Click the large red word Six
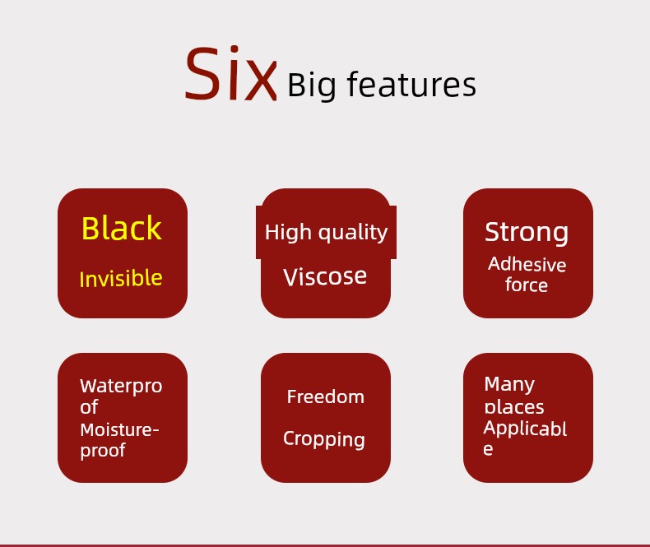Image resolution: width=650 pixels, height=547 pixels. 230,73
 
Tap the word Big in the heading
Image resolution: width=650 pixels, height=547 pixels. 311,86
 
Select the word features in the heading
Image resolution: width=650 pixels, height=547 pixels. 411,84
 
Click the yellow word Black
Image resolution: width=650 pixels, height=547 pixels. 122,228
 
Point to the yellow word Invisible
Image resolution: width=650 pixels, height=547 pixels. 121,278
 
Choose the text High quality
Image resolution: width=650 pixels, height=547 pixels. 327,232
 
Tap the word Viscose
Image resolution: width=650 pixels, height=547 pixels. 325,276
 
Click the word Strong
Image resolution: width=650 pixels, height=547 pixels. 527,232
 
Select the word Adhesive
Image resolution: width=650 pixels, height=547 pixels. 527,264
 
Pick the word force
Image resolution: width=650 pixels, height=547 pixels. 527,285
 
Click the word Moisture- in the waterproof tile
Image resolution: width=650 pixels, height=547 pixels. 119,429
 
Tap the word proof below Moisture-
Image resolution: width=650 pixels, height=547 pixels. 103,451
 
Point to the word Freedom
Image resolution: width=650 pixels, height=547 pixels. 326,396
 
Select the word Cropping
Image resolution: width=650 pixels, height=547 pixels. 324,439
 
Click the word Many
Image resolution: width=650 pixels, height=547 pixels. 509,385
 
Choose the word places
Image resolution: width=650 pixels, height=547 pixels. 514,407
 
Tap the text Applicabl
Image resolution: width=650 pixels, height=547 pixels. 525,429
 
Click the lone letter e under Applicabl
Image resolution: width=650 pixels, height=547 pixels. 488,449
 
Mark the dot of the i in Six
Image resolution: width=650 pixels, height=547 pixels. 234,49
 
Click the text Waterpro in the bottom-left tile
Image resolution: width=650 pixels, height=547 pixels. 121,386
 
